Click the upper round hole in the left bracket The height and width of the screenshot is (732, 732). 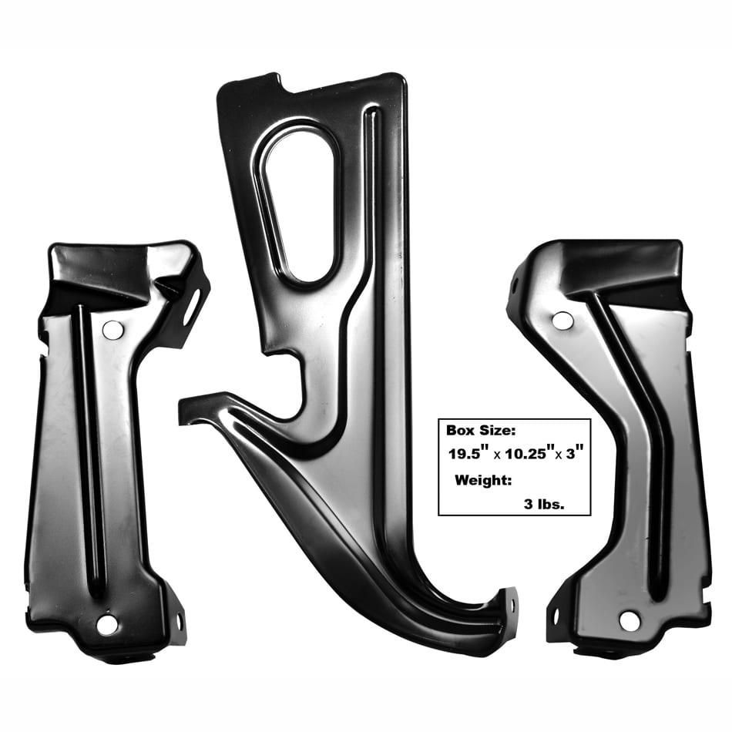(112, 329)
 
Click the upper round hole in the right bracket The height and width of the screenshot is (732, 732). (562, 321)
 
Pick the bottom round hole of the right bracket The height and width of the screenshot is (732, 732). (630, 620)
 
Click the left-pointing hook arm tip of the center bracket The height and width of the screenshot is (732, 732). (190, 409)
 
